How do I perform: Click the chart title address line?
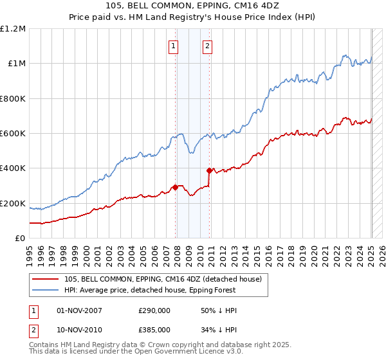[x=193, y=7]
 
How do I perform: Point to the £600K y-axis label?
[x=13, y=134]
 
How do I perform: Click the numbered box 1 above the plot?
[x=174, y=46]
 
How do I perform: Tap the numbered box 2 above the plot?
[x=208, y=46]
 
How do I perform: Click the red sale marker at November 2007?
[x=175, y=188]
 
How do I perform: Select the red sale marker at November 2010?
[x=210, y=171]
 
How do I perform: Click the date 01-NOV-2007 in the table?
[x=79, y=310]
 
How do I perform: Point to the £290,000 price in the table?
[x=154, y=310]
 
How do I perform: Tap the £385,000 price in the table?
[x=154, y=330]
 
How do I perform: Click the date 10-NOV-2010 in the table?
[x=79, y=330]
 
